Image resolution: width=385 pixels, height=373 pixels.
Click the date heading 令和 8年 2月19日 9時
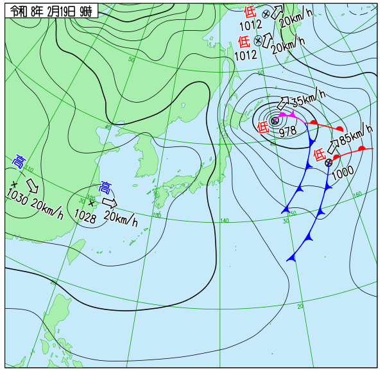coord(51,10)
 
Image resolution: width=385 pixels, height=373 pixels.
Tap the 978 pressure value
coord(287,131)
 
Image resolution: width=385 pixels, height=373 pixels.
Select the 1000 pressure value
coord(343,171)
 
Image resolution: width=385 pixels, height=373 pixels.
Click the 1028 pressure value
coord(85,216)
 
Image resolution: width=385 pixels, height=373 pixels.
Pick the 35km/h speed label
coord(309,100)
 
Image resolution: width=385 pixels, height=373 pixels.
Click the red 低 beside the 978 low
coord(264,127)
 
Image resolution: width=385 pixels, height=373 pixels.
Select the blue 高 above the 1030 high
coord(19,160)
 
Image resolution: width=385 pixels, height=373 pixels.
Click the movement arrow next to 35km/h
coord(282,103)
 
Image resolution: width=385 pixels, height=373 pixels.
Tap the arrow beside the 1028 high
coord(110,203)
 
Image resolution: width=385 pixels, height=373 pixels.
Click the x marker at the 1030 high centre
coord(13,184)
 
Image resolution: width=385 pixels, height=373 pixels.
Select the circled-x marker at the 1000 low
coord(329,162)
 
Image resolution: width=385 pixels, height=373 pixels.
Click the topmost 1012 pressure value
coord(251,26)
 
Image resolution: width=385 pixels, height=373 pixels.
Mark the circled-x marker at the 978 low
coord(275,120)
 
